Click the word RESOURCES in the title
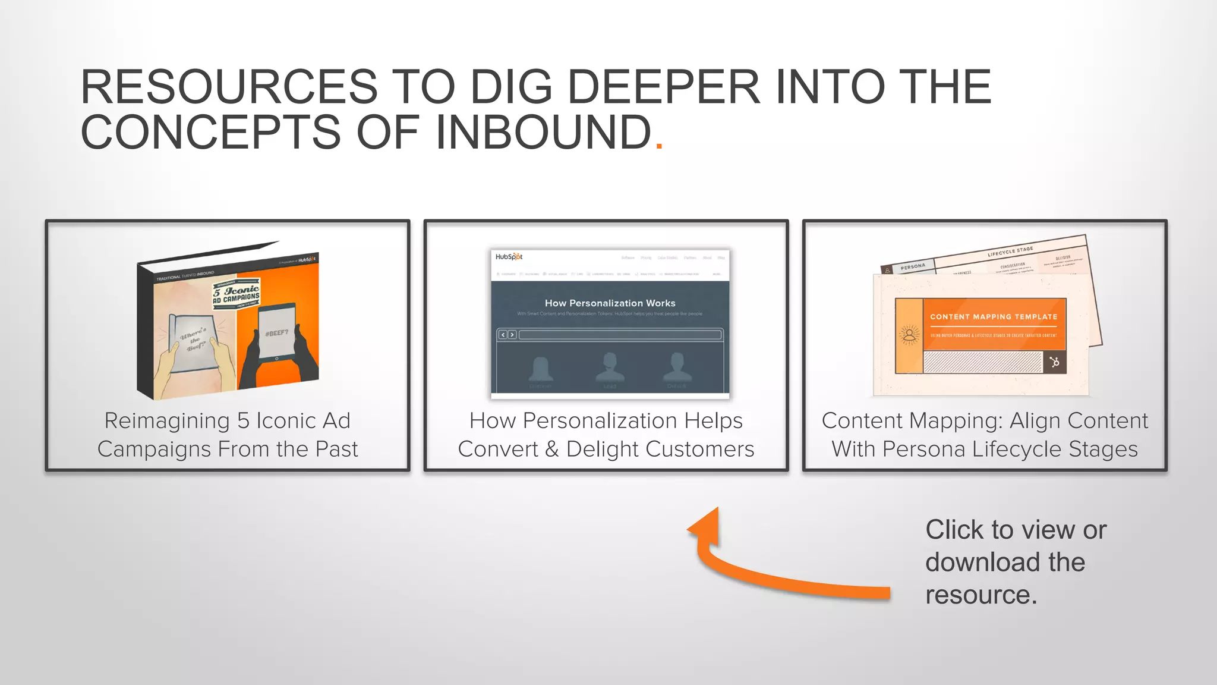click(229, 87)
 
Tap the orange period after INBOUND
click(658, 145)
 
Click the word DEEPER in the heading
click(664, 87)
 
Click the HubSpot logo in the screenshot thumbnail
click(509, 257)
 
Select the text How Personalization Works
click(610, 303)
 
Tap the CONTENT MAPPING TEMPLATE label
click(994, 317)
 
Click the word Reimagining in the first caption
click(167, 421)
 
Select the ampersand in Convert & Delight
click(551, 450)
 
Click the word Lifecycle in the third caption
click(1025, 450)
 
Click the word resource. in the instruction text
click(980, 595)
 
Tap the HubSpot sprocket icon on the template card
click(1054, 362)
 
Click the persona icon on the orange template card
click(909, 335)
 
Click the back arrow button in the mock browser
click(503, 335)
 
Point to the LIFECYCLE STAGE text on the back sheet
click(1010, 251)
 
